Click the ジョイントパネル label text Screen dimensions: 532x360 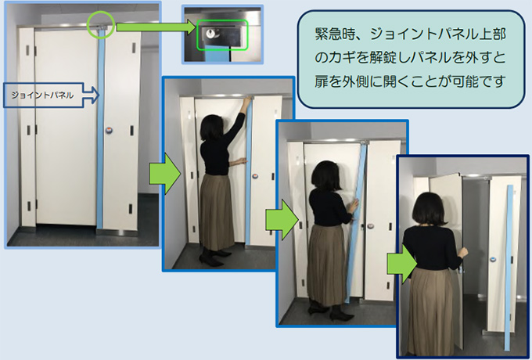click(42, 95)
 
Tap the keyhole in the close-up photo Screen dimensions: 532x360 click(210, 33)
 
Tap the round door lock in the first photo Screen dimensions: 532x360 click(109, 130)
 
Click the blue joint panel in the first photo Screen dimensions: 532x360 click(100, 129)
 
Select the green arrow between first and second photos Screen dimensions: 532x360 click(165, 174)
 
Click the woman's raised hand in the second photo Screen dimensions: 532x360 click(248, 100)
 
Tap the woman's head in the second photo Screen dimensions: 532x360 click(212, 128)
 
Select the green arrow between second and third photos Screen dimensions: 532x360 click(282, 220)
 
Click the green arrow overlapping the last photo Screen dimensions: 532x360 click(402, 265)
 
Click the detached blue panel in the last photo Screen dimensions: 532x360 click(509, 268)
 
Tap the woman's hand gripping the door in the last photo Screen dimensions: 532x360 click(463, 254)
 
